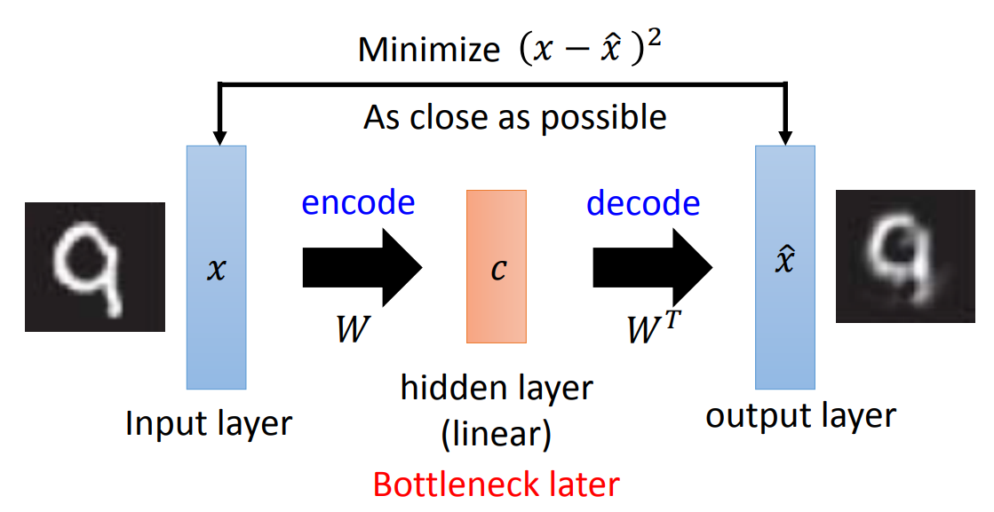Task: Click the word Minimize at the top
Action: click(x=429, y=50)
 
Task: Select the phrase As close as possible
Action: click(x=514, y=117)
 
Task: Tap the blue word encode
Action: click(x=358, y=203)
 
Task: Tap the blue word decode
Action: click(x=642, y=203)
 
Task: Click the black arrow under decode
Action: click(x=653, y=265)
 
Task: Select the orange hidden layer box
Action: click(x=497, y=266)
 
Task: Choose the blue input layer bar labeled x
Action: click(x=216, y=266)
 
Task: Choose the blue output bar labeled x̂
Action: click(x=785, y=266)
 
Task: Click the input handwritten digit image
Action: click(x=95, y=266)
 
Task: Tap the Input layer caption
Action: click(x=209, y=423)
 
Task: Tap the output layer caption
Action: click(x=800, y=415)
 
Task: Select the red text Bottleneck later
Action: click(x=496, y=484)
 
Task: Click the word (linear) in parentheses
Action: click(x=496, y=434)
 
